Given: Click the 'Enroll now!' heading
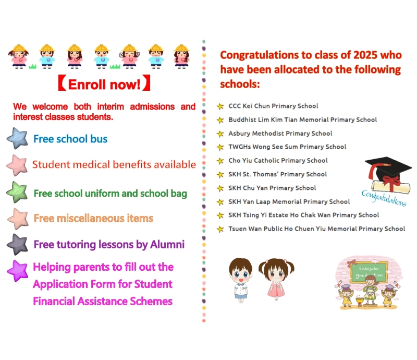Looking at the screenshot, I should click(x=104, y=85).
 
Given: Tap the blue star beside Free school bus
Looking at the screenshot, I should click(x=18, y=138).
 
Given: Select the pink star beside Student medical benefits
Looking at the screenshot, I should click(x=18, y=165).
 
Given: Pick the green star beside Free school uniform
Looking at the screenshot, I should click(x=17, y=192).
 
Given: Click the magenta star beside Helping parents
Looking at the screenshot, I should click(x=18, y=270).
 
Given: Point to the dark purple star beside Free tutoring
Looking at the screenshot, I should click(x=17, y=244).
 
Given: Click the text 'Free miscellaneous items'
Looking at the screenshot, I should click(x=93, y=218).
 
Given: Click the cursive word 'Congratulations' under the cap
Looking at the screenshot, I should click(x=384, y=198).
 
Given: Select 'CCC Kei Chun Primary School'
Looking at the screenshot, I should click(x=273, y=106).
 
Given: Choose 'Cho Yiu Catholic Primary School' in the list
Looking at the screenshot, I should click(x=278, y=160).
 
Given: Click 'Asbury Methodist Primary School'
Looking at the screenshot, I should click(x=280, y=133).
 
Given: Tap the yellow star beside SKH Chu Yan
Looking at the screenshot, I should click(x=220, y=188).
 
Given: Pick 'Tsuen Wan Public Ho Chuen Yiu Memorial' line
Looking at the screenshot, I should click(x=316, y=229).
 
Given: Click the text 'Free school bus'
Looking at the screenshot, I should click(x=70, y=139).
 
